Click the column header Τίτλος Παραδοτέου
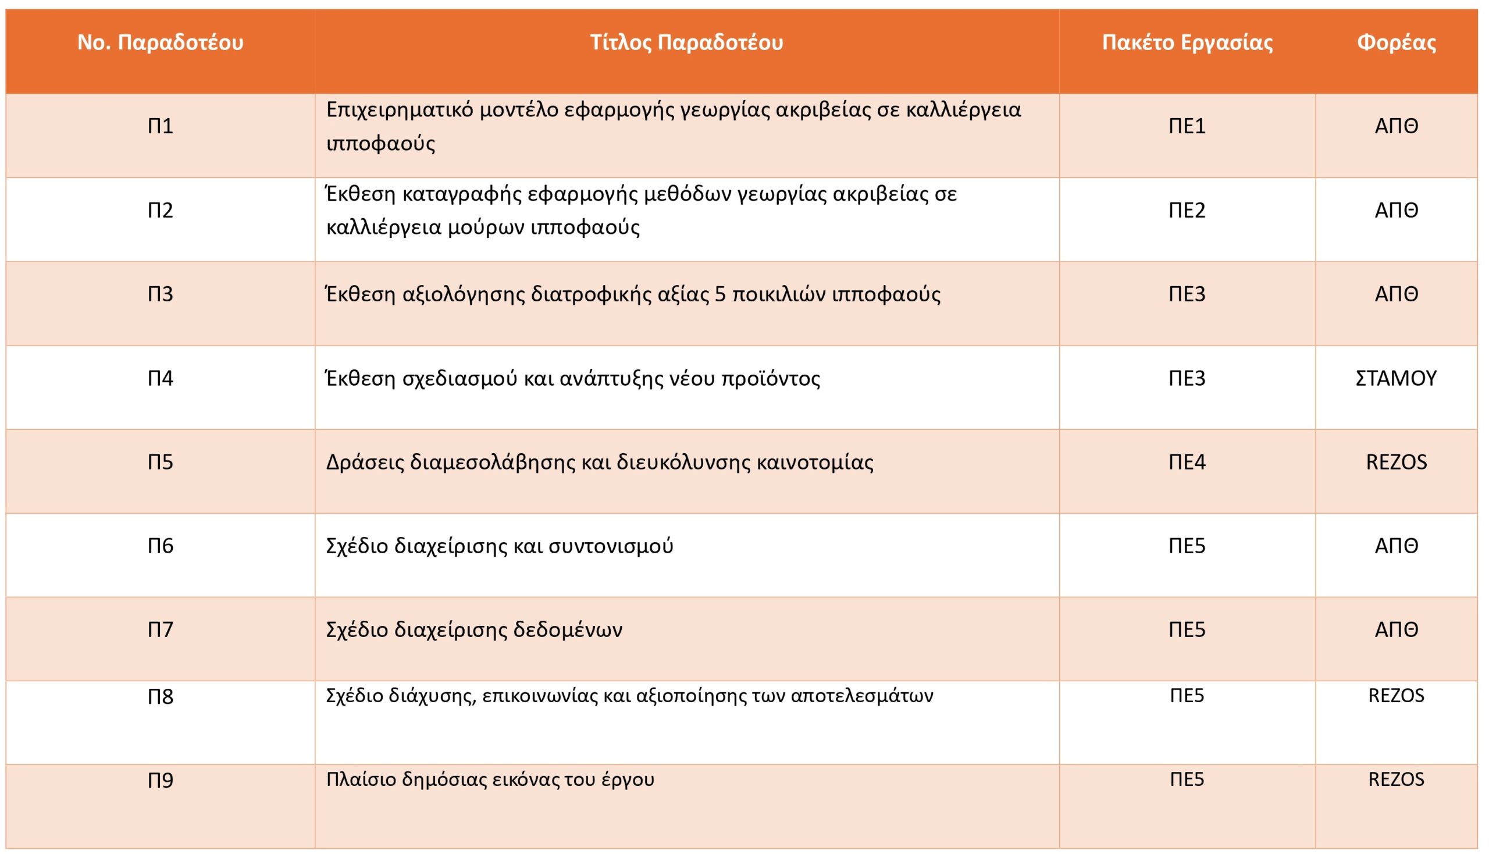pos(686,43)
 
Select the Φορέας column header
pos(1397,43)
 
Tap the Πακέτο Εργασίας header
pos(1187,43)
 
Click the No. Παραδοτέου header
pos(160,43)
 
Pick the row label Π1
pos(160,126)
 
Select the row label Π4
pos(160,378)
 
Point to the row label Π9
pos(160,781)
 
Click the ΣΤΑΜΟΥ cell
pos(1396,378)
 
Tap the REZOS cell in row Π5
pos(1396,462)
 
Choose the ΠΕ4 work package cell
pos(1187,462)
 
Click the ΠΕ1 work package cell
pos(1187,126)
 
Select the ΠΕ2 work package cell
pos(1187,210)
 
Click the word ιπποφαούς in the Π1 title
pos(380,144)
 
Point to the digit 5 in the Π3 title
pos(721,294)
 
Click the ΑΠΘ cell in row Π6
pos(1396,546)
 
